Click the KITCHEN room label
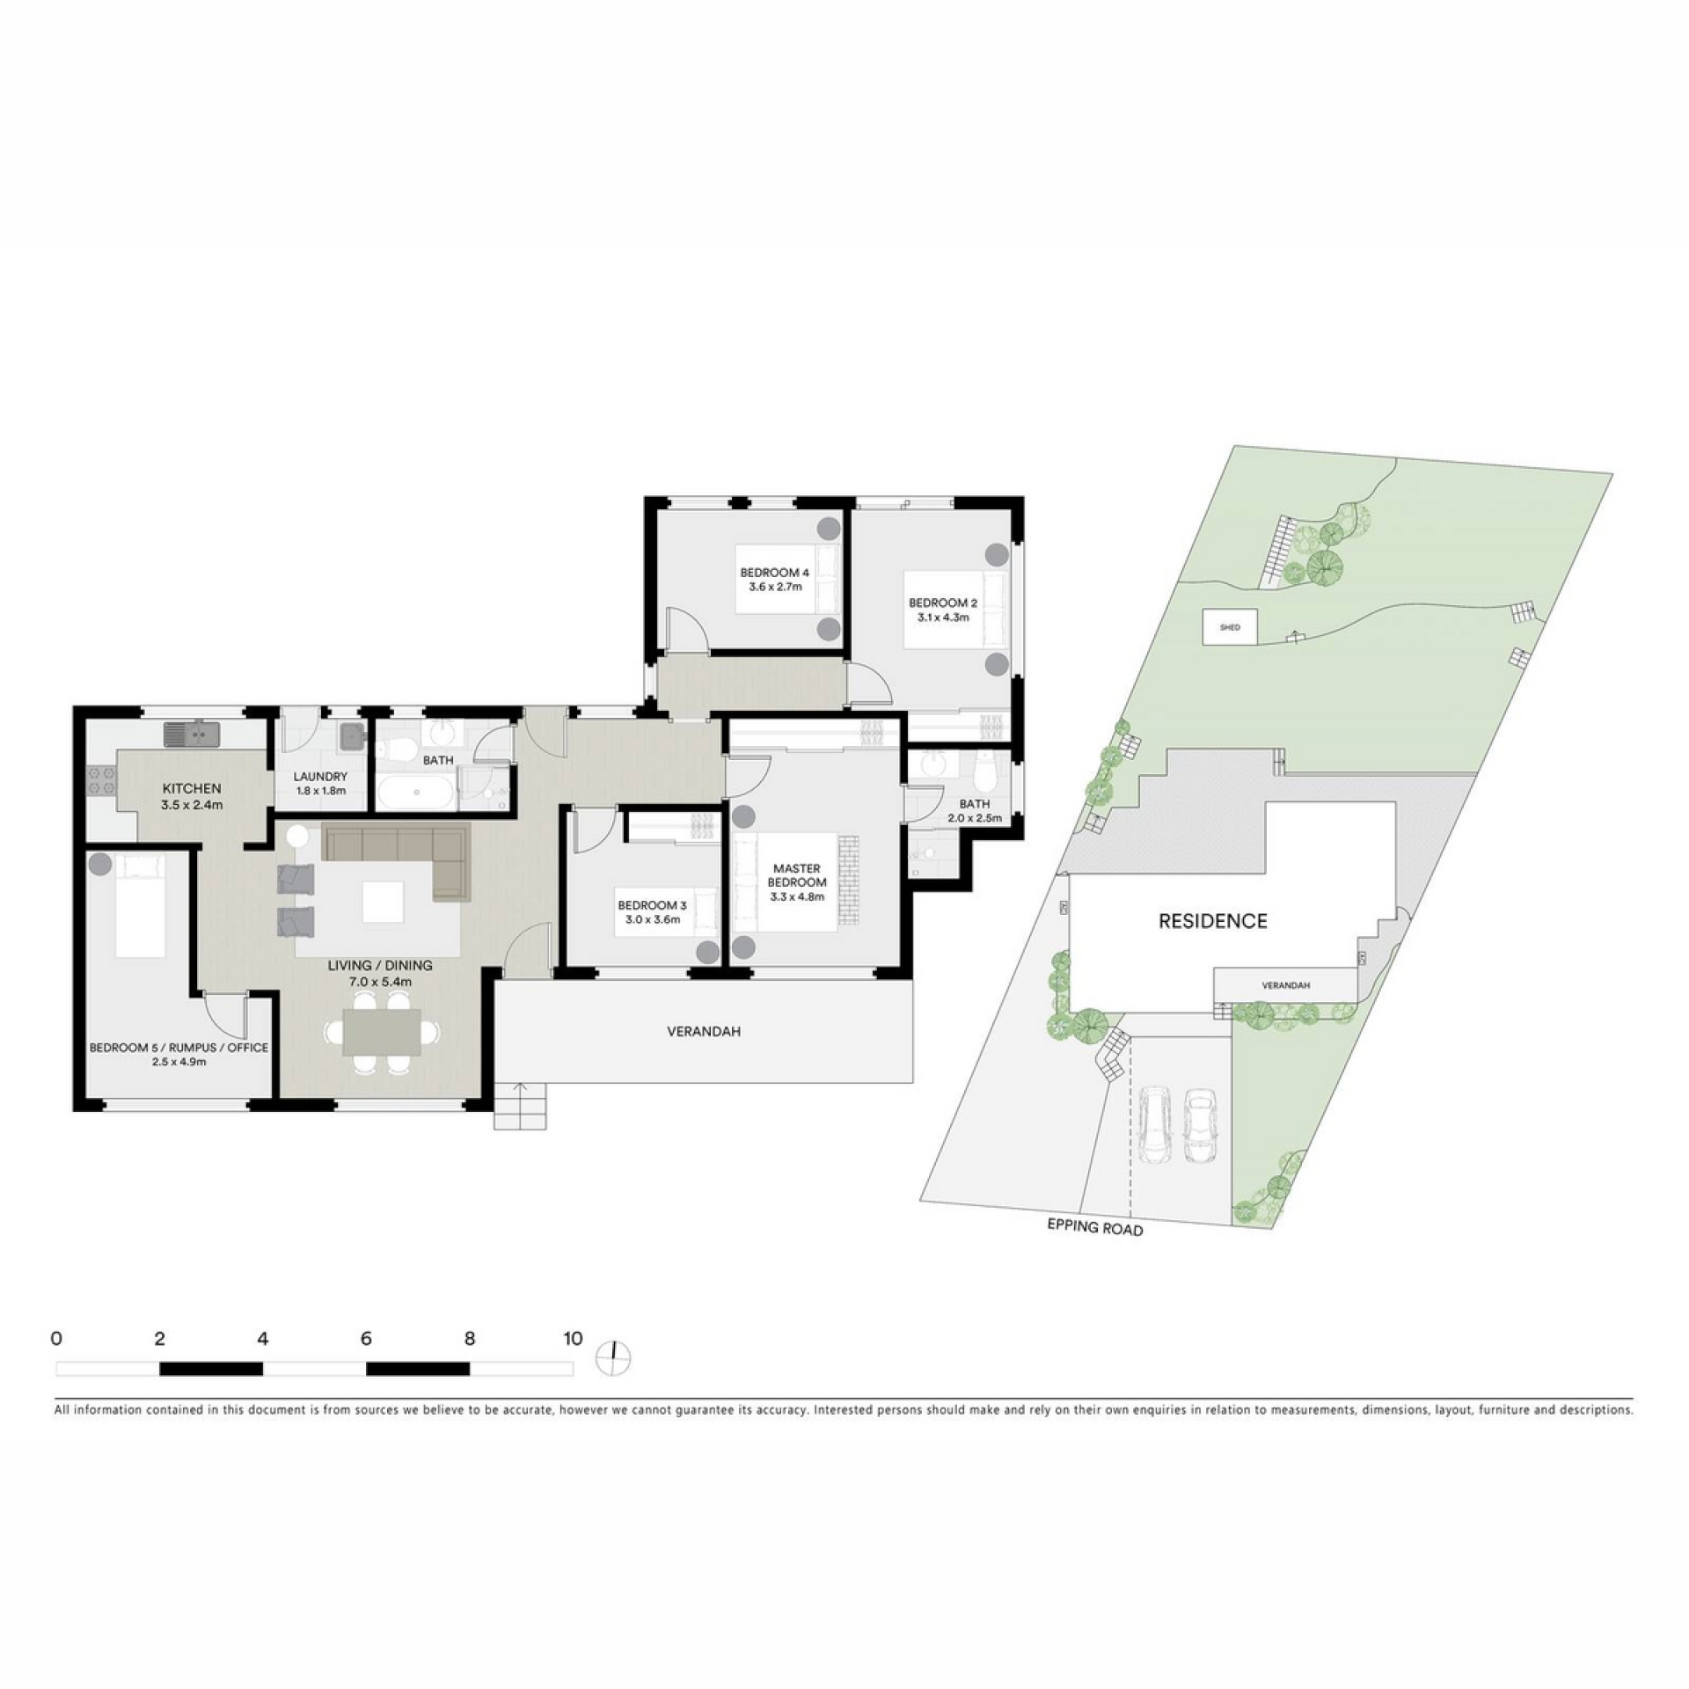click(x=191, y=788)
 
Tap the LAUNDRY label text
click(x=320, y=777)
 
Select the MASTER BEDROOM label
click(x=797, y=875)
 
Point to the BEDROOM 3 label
click(x=652, y=905)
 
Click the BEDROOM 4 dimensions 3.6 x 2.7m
click(x=775, y=587)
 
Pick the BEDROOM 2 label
click(x=943, y=603)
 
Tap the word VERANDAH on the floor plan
click(x=702, y=1031)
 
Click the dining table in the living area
click(x=381, y=1032)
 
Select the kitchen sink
click(x=192, y=733)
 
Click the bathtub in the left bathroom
click(x=416, y=797)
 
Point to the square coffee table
click(x=383, y=902)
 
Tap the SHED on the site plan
click(x=1230, y=627)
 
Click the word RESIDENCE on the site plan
click(x=1212, y=921)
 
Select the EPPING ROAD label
click(x=1094, y=1227)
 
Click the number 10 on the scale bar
click(x=573, y=1339)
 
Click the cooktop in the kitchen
click(x=100, y=781)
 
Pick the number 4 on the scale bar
click(x=262, y=1339)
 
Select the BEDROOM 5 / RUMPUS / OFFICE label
click(x=179, y=1048)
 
